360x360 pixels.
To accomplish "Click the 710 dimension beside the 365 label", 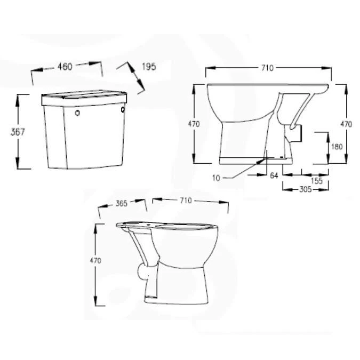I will click(185, 201).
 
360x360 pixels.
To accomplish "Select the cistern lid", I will click(84, 97).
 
